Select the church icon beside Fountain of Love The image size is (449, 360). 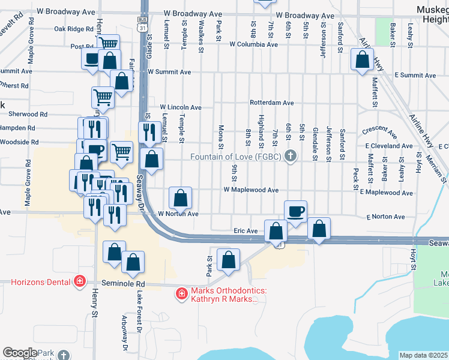coord(291,157)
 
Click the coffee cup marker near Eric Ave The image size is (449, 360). coord(295,211)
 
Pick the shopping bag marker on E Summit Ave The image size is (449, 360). coord(362,60)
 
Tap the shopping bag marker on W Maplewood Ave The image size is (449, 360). coord(180,197)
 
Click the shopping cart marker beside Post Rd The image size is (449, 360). coord(109,44)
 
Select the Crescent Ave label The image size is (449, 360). coord(379,131)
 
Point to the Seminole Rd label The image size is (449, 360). coord(123,284)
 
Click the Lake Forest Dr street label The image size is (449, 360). coord(139,312)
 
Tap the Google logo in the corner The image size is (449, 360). coord(19,353)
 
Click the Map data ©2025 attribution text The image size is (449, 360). coord(423,355)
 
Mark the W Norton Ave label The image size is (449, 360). coord(178,214)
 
